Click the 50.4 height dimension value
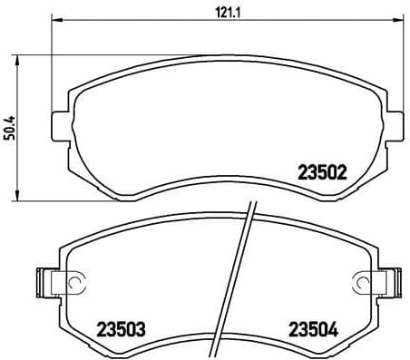[11, 124]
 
